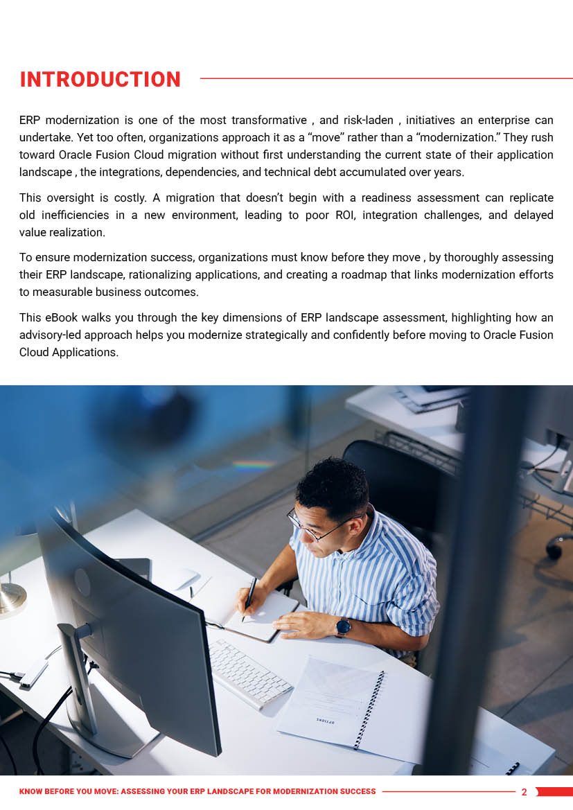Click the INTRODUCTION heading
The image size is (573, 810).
click(x=100, y=80)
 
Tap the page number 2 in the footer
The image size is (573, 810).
click(x=524, y=792)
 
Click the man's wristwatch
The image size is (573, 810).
click(x=342, y=627)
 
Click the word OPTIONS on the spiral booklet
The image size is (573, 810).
click(x=326, y=721)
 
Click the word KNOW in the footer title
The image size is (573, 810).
click(x=32, y=791)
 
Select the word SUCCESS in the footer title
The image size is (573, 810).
click(x=356, y=791)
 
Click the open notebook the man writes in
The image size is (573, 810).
click(x=267, y=613)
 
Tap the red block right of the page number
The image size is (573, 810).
click(x=554, y=792)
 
